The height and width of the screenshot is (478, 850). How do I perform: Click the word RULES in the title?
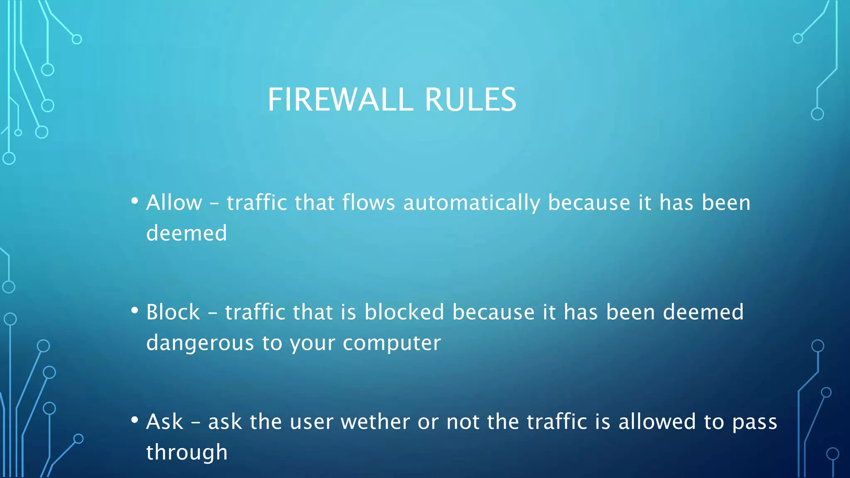click(x=470, y=100)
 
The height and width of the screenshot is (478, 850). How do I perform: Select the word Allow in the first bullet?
click(x=174, y=203)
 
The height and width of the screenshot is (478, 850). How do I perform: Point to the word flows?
click(x=369, y=203)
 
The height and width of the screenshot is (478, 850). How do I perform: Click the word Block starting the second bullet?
click(x=173, y=312)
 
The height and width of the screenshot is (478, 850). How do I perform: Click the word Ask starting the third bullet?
click(x=164, y=422)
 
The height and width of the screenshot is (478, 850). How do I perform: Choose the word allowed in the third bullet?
click(x=657, y=422)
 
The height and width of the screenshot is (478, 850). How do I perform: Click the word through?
click(x=187, y=452)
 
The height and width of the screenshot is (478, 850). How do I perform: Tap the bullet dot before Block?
click(x=134, y=311)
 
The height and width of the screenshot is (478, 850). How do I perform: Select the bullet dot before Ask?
click(x=134, y=420)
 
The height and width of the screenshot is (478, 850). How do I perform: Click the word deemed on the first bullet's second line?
click(x=186, y=233)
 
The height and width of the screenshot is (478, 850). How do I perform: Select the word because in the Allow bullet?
click(x=589, y=203)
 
